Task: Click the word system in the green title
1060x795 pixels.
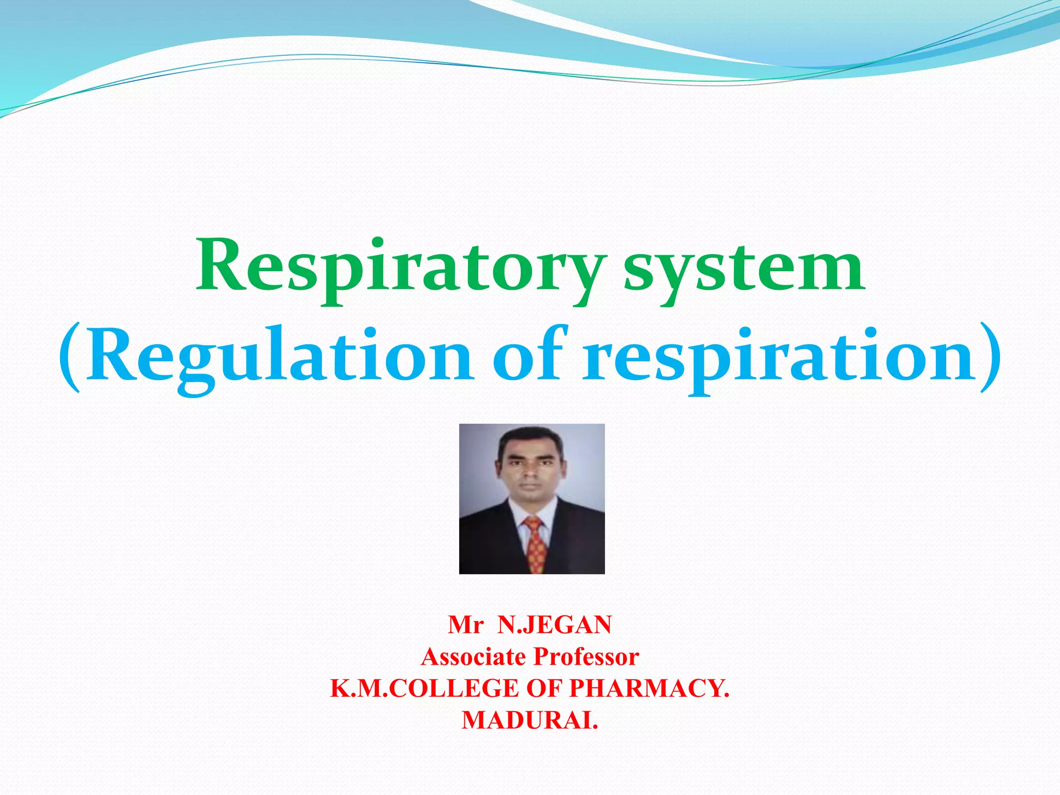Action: [x=743, y=269]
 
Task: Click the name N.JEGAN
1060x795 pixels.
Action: [x=554, y=625]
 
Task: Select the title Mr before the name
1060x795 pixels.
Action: [x=465, y=625]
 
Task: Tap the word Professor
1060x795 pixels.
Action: [x=586, y=657]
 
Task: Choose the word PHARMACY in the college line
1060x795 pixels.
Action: [x=649, y=688]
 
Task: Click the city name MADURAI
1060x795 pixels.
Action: [x=529, y=720]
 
